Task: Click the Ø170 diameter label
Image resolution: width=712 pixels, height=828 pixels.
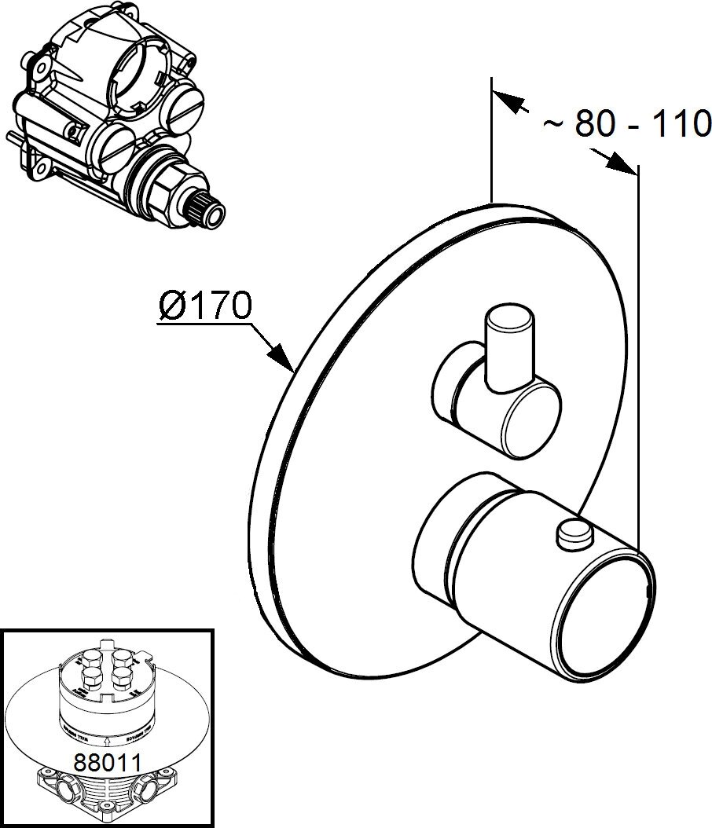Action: [x=204, y=305]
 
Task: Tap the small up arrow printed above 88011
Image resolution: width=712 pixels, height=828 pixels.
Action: [x=106, y=738]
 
